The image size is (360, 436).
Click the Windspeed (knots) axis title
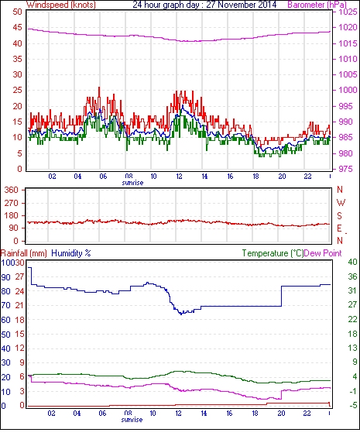(x=61, y=5)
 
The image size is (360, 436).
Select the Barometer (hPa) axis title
(x=317, y=5)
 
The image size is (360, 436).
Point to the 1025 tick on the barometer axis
(x=348, y=12)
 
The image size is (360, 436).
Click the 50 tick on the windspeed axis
(x=17, y=12)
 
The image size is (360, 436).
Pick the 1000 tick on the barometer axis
(x=348, y=90)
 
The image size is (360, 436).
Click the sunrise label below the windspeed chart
(x=132, y=183)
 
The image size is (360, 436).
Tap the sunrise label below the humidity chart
(x=132, y=419)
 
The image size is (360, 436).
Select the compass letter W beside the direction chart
(x=341, y=203)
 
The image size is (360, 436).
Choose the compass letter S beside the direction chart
(x=339, y=215)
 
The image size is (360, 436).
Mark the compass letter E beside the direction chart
(x=339, y=228)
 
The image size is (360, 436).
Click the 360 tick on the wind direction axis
(x=12, y=191)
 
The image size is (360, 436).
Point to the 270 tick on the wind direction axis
(x=12, y=203)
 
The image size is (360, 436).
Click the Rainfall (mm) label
(x=24, y=253)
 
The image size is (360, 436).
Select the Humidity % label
(x=71, y=253)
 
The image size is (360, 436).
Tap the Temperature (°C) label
(x=273, y=253)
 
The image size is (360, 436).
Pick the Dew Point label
(x=323, y=253)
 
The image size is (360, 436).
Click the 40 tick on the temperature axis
(x=352, y=262)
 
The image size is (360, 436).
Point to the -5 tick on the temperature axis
(x=353, y=406)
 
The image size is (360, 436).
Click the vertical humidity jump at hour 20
(x=281, y=296)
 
